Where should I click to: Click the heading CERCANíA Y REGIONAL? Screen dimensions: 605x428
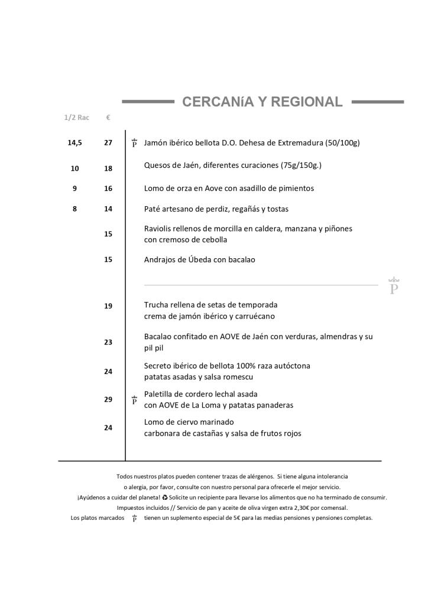(x=262, y=102)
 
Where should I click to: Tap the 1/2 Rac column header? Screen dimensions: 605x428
(x=76, y=118)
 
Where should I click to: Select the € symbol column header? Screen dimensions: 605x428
(x=108, y=118)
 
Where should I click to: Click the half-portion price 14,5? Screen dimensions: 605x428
(x=75, y=143)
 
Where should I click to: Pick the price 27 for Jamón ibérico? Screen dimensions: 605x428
(x=108, y=143)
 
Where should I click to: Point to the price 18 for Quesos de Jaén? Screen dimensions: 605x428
(x=108, y=168)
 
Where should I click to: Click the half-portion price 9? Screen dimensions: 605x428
(x=75, y=188)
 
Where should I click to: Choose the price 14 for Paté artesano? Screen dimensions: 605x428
(x=108, y=209)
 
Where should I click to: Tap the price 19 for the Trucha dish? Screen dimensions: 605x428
(x=108, y=306)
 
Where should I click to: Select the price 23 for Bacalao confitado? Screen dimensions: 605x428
(x=108, y=342)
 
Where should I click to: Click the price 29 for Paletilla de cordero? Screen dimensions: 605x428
(x=108, y=399)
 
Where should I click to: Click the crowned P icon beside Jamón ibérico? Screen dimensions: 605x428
(x=134, y=143)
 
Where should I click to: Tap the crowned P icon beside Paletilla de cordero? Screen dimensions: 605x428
(x=134, y=400)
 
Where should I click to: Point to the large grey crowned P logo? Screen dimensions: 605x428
(x=394, y=286)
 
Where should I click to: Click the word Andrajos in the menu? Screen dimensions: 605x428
(x=161, y=259)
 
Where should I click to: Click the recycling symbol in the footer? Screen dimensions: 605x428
(x=165, y=497)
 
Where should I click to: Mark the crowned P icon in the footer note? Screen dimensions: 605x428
(x=134, y=518)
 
